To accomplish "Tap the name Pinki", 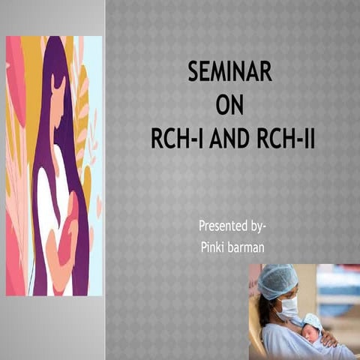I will point(216,245).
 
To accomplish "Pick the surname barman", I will point(250,245).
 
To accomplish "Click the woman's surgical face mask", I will point(288,306).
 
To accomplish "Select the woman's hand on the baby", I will point(328,338).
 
